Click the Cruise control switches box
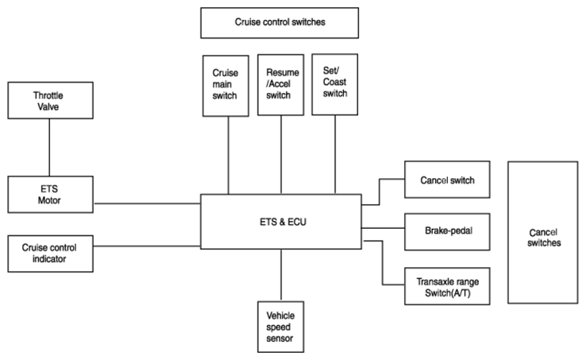pyautogui.click(x=280, y=23)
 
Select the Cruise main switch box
pyautogui.click(x=226, y=86)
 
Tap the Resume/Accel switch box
pyautogui.click(x=280, y=84)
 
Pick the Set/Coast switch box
pyautogui.click(x=335, y=84)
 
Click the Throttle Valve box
pyautogui.click(x=51, y=100)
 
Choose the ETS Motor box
pyautogui.click(x=51, y=194)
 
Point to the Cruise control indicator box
pyautogui.click(x=51, y=254)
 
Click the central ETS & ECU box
pyautogui.click(x=281, y=222)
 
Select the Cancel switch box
pyautogui.click(x=447, y=180)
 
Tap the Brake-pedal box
pyautogui.click(x=447, y=231)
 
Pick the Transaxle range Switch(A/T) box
pyautogui.click(x=447, y=286)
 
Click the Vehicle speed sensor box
pyautogui.click(x=280, y=327)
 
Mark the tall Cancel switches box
pyautogui.click(x=543, y=232)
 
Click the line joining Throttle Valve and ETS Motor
pyautogui.click(x=49, y=148)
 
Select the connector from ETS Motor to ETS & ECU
pyautogui.click(x=147, y=203)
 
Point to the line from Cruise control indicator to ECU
pyautogui.click(x=147, y=246)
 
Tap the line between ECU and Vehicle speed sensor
pyautogui.click(x=281, y=275)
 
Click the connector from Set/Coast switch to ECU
pyautogui.click(x=335, y=154)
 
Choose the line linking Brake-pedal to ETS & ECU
pyautogui.click(x=383, y=228)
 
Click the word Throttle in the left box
pyautogui.click(x=48, y=95)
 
